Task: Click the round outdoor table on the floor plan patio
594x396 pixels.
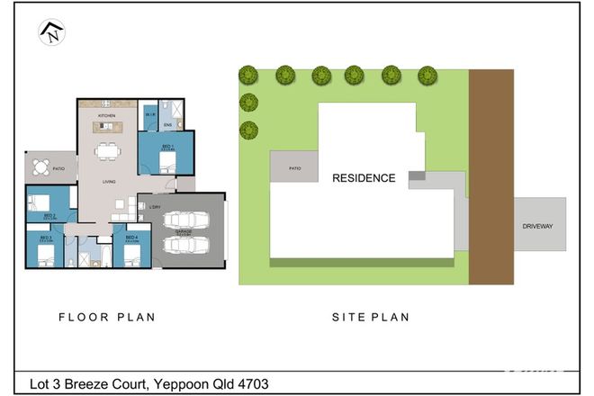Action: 40,166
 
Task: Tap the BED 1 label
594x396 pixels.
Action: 166,145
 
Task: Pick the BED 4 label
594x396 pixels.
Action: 131,238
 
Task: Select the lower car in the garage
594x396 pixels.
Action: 185,245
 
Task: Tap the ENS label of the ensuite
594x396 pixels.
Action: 167,126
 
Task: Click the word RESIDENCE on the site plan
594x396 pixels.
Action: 364,178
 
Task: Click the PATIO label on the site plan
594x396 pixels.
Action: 293,168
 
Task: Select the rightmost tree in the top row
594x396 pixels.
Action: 426,75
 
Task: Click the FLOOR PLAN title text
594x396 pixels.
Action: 107,317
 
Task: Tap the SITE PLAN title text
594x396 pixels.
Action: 370,317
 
